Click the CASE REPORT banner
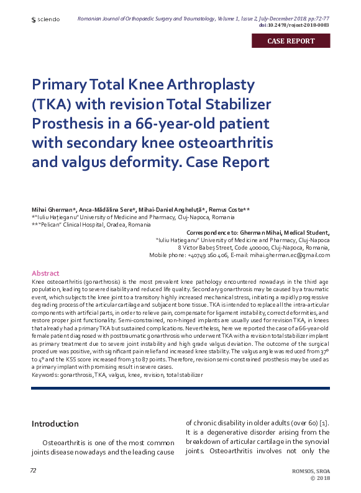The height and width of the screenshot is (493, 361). pyautogui.click(x=291, y=42)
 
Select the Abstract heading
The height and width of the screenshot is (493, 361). pyautogui.click(x=45, y=273)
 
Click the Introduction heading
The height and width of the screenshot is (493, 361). pyautogui.click(x=55, y=424)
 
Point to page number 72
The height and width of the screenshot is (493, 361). pyautogui.click(x=34, y=471)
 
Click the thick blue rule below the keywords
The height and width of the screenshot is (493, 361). pyautogui.click(x=180, y=388)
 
